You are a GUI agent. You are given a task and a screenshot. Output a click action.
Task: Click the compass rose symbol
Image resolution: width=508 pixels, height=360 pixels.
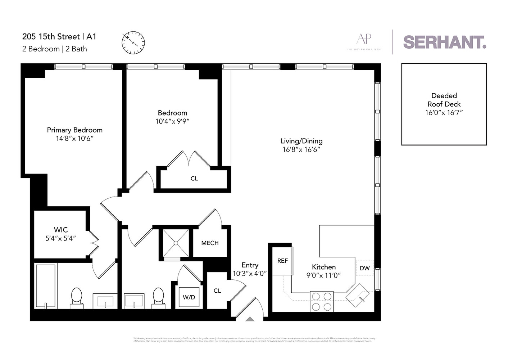(133, 42)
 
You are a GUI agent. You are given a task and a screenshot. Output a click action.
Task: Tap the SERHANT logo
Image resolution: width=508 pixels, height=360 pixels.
(444, 42)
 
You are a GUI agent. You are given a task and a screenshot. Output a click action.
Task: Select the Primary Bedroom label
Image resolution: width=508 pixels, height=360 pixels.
(74, 130)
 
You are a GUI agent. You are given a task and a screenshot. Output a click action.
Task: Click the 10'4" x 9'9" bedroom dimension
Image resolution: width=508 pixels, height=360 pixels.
(172, 122)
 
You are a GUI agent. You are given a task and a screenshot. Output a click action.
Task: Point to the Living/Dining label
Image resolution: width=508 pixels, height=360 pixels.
(301, 141)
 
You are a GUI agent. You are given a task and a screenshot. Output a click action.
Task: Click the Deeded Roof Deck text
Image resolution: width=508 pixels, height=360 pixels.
(444, 100)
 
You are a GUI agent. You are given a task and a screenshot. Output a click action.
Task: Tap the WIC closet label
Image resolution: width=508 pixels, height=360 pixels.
(61, 230)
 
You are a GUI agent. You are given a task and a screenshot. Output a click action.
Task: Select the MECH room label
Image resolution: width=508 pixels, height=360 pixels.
(210, 243)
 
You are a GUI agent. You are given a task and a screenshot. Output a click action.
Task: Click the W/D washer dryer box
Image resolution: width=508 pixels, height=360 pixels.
(189, 297)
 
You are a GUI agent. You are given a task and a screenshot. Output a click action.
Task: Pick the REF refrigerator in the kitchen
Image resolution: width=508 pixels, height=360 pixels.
(282, 261)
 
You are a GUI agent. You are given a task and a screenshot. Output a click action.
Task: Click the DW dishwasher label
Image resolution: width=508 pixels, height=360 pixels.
(364, 268)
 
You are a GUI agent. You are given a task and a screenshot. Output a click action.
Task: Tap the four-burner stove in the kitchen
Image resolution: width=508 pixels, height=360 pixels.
(322, 301)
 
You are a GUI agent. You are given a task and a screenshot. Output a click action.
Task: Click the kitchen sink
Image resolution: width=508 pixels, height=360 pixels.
(358, 295)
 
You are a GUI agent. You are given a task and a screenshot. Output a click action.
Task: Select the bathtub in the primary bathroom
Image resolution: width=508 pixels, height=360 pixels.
(46, 286)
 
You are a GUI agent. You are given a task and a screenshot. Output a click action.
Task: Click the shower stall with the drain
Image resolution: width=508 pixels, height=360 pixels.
(176, 243)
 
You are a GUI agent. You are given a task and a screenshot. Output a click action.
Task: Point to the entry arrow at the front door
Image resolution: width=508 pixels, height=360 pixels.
(250, 319)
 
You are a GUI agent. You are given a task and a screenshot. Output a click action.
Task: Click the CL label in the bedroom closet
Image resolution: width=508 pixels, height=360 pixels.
(194, 179)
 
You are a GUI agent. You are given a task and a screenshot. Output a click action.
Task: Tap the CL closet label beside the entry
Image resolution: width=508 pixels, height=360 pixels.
(217, 291)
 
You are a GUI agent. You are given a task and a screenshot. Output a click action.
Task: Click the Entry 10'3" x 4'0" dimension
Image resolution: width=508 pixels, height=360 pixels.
(250, 274)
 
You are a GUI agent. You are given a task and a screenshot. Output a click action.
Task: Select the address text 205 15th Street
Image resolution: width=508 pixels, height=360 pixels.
(51, 37)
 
